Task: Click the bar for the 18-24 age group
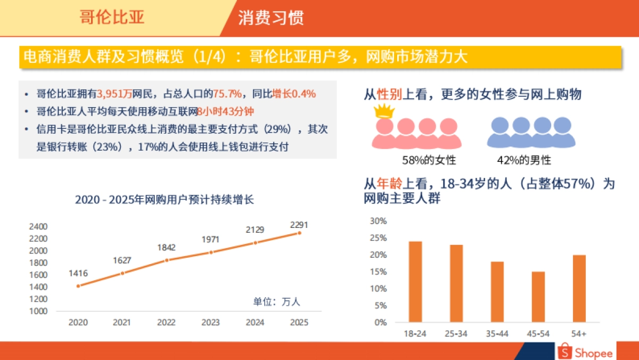pyautogui.click(x=415, y=282)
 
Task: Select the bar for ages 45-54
pyautogui.click(x=538, y=297)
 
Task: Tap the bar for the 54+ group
pyautogui.click(x=579, y=288)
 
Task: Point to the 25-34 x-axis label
pyautogui.click(x=456, y=333)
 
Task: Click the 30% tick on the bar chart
pyautogui.click(x=378, y=221)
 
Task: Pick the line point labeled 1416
pyautogui.click(x=78, y=286)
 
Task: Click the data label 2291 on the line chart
pyautogui.click(x=299, y=225)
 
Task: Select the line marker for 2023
pyautogui.click(x=210, y=252)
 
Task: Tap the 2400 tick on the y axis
pyautogui.click(x=38, y=226)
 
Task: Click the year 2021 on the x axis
pyautogui.click(x=122, y=322)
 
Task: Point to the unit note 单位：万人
pyautogui.click(x=276, y=302)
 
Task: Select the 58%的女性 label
pyautogui.click(x=429, y=160)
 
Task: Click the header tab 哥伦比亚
pyautogui.click(x=112, y=18)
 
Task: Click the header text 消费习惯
pyautogui.click(x=271, y=18)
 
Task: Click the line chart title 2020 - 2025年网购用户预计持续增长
pyautogui.click(x=165, y=200)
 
